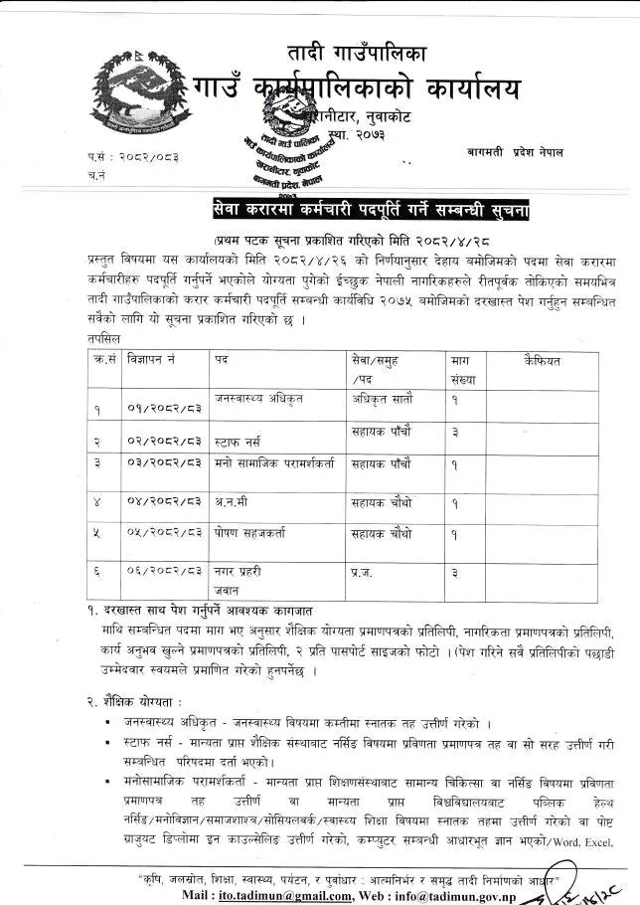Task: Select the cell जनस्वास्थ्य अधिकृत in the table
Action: pos(252,397)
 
